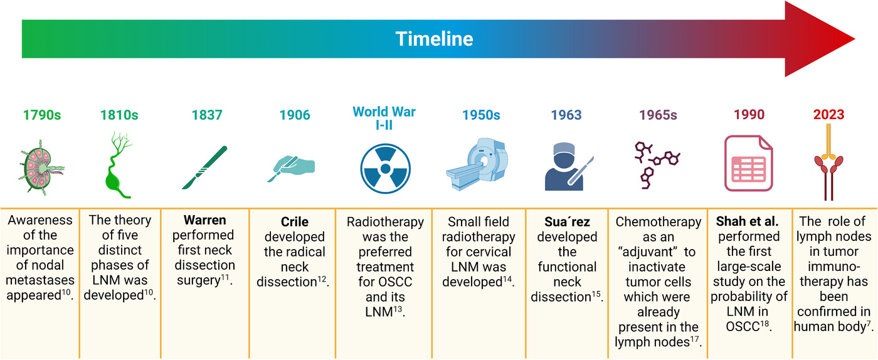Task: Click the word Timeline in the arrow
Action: tap(434, 39)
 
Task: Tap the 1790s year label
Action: tap(42, 115)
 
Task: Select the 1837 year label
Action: tap(207, 115)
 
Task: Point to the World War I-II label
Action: tap(384, 118)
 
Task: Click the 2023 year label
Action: tap(828, 114)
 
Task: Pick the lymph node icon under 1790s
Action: tap(41, 167)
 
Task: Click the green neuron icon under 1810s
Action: tap(119, 165)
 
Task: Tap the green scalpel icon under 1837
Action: tap(204, 167)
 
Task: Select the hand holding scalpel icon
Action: tap(292, 168)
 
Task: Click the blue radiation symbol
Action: tap(385, 169)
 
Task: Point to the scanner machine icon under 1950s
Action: tap(477, 164)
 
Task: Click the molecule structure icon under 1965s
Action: tap(657, 165)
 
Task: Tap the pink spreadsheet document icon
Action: tap(748, 163)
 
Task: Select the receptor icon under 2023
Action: tap(828, 162)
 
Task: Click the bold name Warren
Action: tap(204, 220)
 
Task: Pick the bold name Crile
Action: tap(295, 221)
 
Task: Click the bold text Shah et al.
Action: tap(747, 221)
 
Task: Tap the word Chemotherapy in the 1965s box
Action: tap(658, 222)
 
